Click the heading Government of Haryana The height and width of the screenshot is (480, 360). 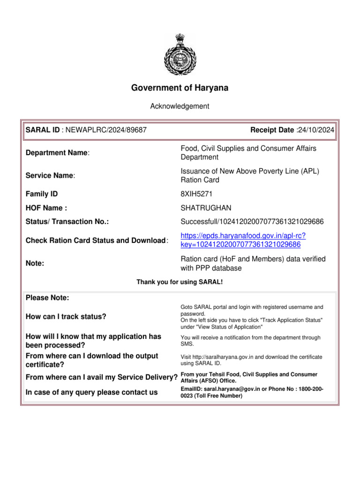(180, 88)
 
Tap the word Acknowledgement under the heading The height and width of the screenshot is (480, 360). (180, 106)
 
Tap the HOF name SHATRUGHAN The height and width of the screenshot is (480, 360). (206, 208)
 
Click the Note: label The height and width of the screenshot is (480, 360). (36, 263)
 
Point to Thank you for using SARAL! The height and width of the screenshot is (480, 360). (180, 282)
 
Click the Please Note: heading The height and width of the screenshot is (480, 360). (47, 298)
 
